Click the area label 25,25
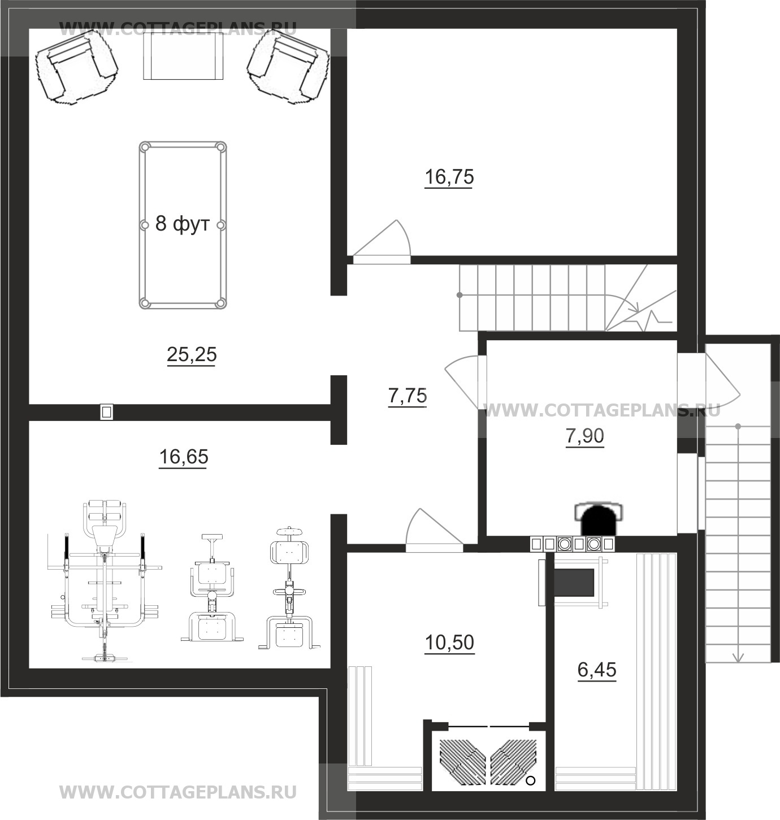click(192, 355)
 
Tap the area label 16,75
click(449, 177)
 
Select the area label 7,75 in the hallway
click(408, 396)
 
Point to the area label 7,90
click(585, 436)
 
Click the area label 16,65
click(184, 457)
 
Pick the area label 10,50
click(449, 643)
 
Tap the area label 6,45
click(597, 670)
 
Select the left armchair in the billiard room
click(76, 68)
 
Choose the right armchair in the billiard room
click(288, 67)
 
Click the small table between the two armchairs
click(183, 57)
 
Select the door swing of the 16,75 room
click(382, 238)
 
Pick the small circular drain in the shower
click(530, 780)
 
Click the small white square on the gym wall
click(106, 412)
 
